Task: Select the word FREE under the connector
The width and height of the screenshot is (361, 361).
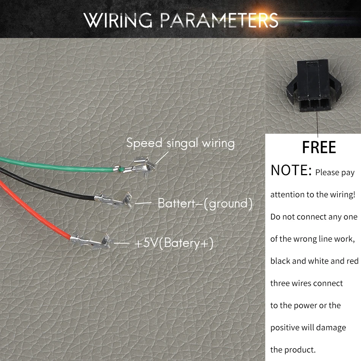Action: click(x=319, y=147)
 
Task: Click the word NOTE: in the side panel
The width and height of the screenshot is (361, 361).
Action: click(x=291, y=171)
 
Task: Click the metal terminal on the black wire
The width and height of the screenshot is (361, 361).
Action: click(x=114, y=200)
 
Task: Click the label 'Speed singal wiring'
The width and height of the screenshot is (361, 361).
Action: click(x=180, y=143)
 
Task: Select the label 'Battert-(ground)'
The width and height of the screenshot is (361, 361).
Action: click(x=205, y=204)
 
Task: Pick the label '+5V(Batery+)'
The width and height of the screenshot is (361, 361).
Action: click(x=174, y=243)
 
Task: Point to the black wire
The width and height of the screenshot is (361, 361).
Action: click(x=49, y=185)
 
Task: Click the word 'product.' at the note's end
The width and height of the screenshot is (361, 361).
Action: click(x=302, y=350)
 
